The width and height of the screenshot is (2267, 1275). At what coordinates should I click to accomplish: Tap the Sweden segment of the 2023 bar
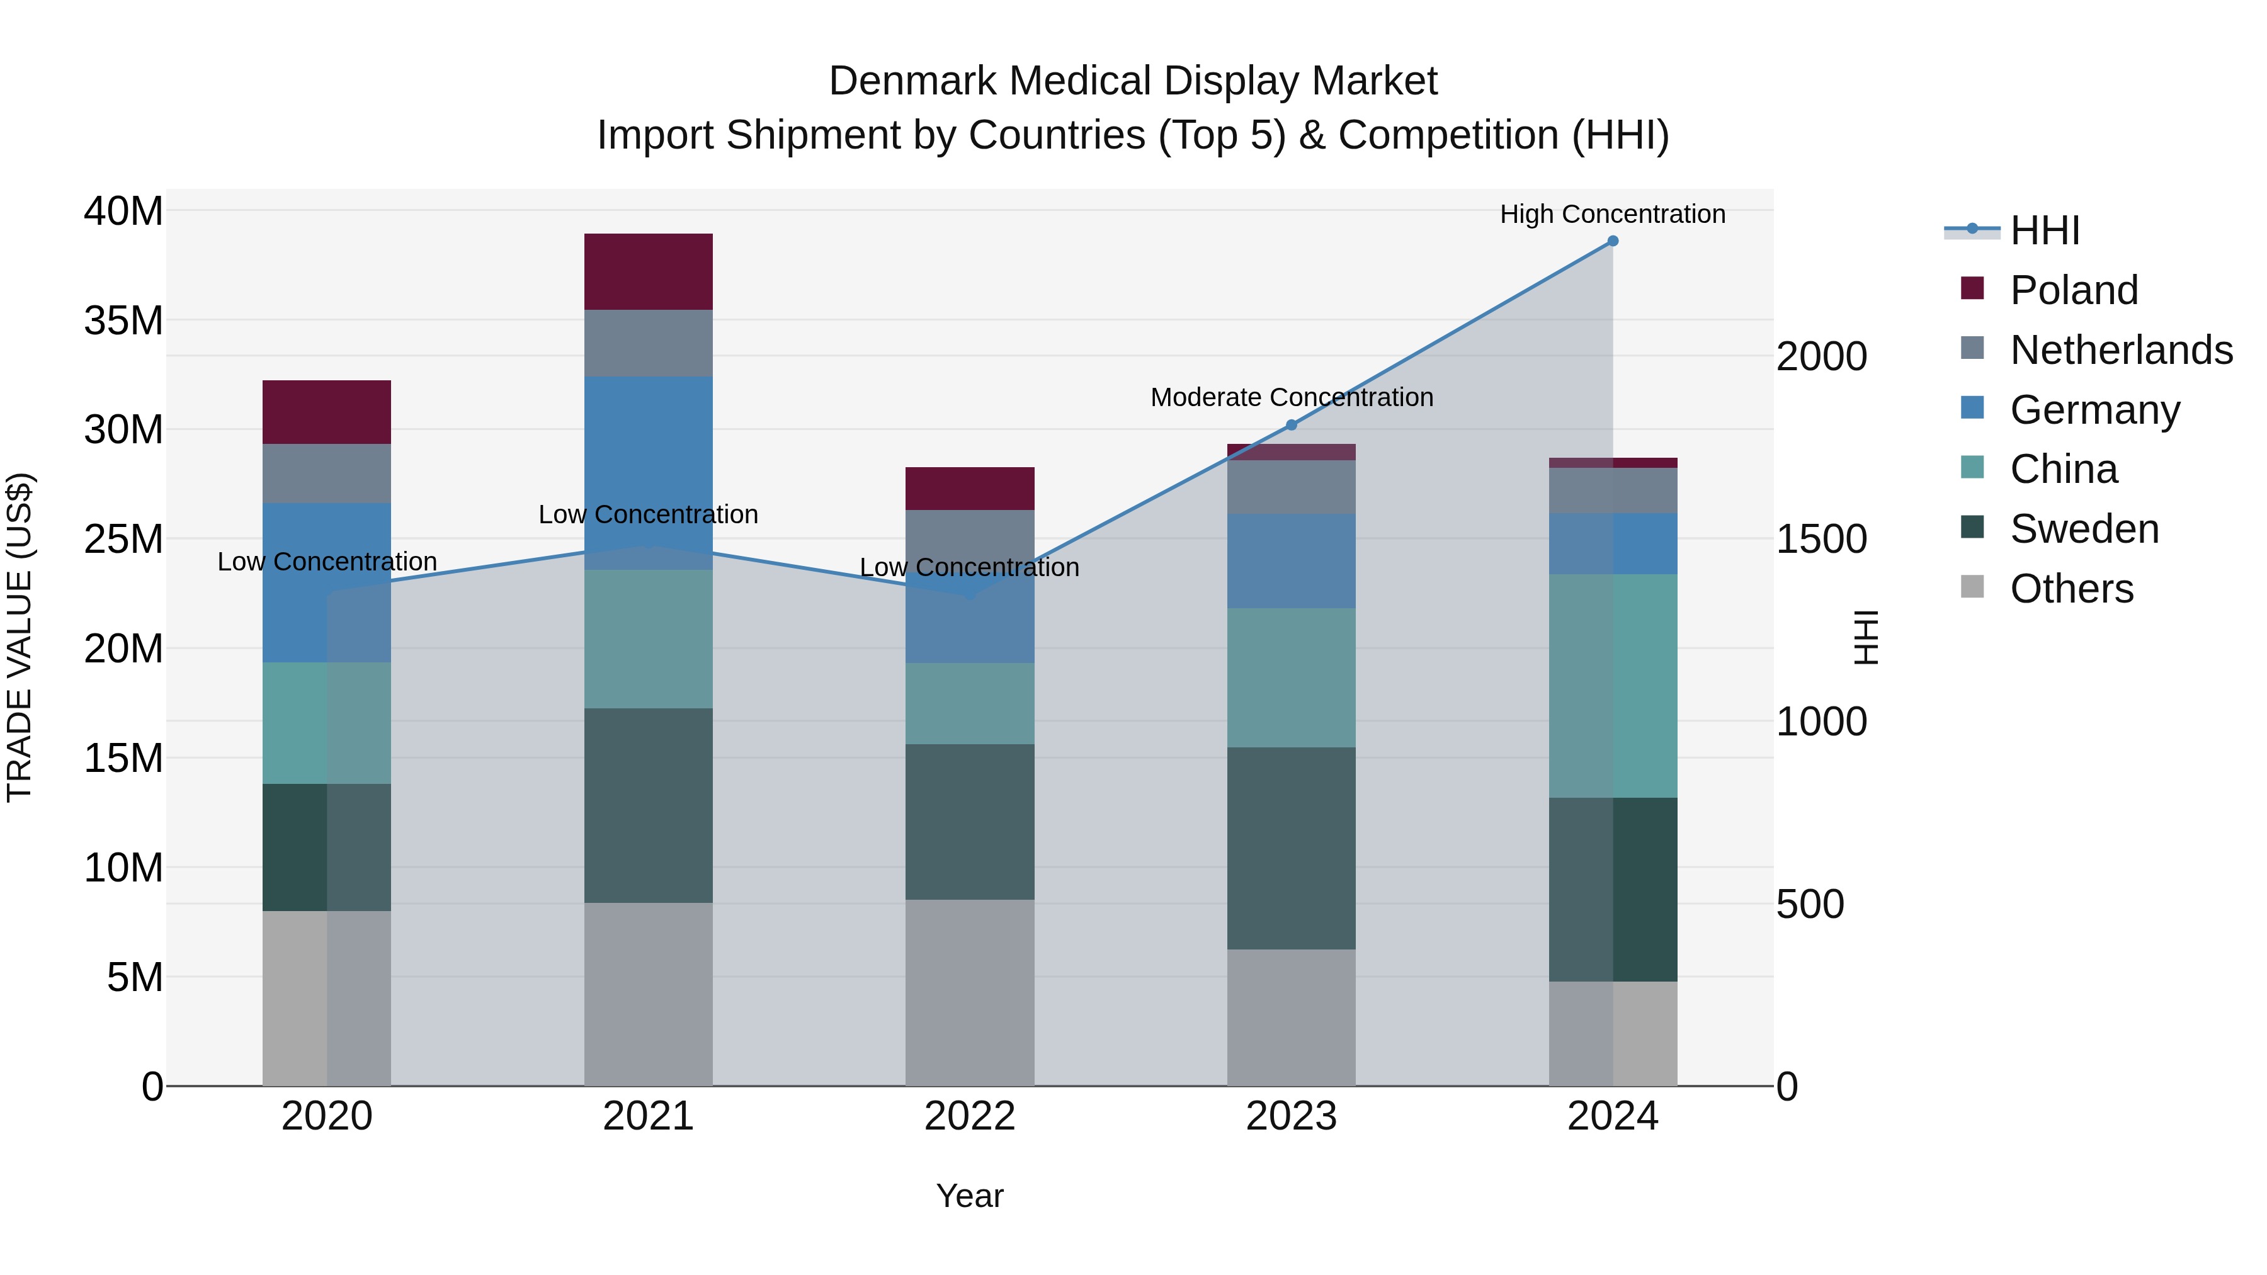click(x=1291, y=847)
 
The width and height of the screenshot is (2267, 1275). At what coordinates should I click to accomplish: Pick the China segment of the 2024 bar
click(x=1612, y=686)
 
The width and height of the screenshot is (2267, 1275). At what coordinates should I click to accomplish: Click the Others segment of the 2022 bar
click(x=970, y=992)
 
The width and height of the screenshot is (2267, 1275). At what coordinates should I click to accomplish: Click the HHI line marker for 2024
click(x=1612, y=241)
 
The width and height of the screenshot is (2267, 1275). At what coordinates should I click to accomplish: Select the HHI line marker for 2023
click(x=1291, y=425)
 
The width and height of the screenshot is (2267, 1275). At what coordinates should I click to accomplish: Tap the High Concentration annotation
click(x=1612, y=214)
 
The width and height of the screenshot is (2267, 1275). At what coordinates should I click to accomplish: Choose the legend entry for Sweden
click(x=2084, y=529)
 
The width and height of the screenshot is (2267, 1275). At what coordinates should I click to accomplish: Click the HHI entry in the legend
click(x=2043, y=230)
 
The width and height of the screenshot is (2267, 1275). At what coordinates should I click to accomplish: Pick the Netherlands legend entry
click(x=2121, y=349)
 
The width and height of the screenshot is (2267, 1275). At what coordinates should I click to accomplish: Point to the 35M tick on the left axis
click(x=123, y=320)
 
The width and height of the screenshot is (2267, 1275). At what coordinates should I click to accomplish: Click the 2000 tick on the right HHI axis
click(x=1821, y=356)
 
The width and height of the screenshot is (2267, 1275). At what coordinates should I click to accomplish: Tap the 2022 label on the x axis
click(x=970, y=1116)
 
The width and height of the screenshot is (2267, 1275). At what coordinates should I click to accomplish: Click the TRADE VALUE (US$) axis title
click(x=20, y=637)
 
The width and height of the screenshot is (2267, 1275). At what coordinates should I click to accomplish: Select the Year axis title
click(x=970, y=1196)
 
